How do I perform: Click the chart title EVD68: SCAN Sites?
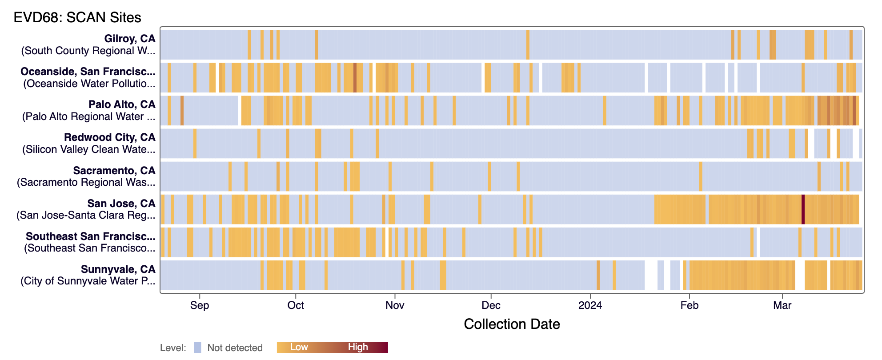coord(77,17)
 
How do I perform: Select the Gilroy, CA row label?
coord(129,39)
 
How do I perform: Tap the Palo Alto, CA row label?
coord(122,105)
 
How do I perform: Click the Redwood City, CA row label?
coord(109,138)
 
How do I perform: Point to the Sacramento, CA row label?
coord(114,171)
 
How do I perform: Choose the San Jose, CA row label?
coord(121,204)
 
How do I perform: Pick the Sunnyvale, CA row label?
coord(118,269)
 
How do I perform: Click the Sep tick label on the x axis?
coord(200,305)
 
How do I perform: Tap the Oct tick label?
coord(296,305)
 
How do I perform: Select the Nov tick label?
coord(395,305)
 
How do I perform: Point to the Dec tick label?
coord(491,305)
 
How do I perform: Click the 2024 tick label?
coord(590,305)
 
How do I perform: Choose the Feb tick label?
coord(690,305)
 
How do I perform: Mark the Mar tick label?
coord(782,305)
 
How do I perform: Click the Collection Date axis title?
coord(512,324)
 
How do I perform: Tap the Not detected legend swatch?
coord(197,348)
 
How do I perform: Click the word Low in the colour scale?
coord(299,347)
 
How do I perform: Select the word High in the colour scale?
coord(358,347)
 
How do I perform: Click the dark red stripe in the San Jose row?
coord(803,209)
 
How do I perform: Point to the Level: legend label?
coord(173,348)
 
